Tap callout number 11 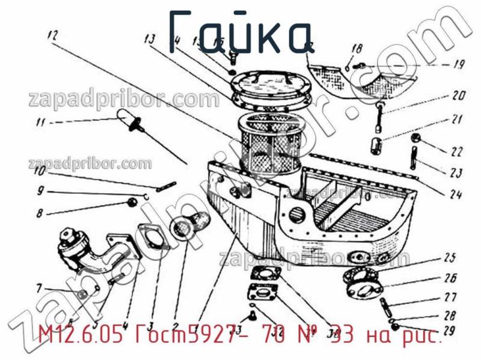(x=40, y=124)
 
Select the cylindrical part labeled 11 (x=124, y=117)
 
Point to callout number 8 (x=40, y=212)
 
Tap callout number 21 (x=458, y=118)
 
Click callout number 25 (x=449, y=259)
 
